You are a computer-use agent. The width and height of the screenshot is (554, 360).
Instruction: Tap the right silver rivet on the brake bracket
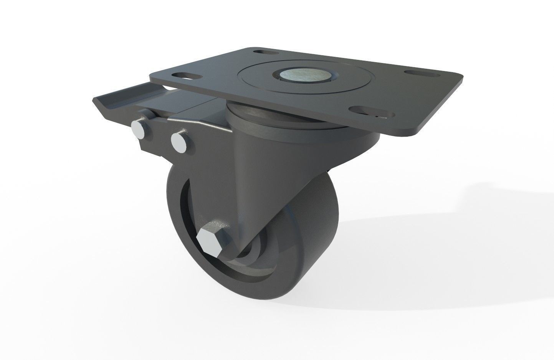click(x=179, y=142)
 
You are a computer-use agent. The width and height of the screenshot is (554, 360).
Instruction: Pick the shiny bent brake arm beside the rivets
click(x=200, y=123)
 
